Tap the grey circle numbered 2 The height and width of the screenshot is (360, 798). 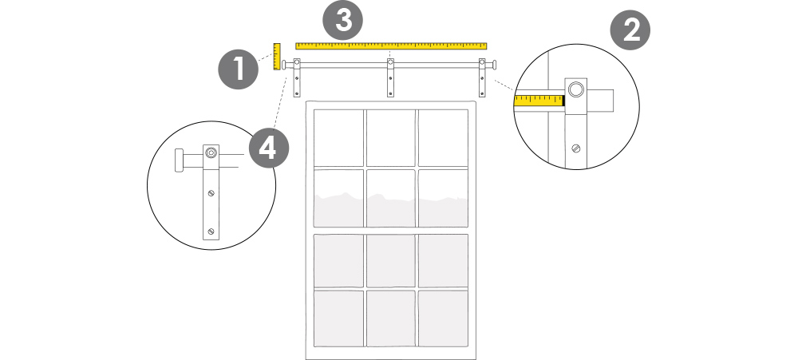[x=630, y=31]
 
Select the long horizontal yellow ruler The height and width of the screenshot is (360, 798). [x=391, y=45]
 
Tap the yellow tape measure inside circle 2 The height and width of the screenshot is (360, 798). [x=539, y=101]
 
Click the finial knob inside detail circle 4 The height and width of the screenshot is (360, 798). [x=180, y=159]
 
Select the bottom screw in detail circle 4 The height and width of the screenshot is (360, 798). [x=211, y=231]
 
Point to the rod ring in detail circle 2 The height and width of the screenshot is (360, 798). [x=575, y=91]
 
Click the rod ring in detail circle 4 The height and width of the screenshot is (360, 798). [x=211, y=152]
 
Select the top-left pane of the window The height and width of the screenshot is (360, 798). [x=338, y=137]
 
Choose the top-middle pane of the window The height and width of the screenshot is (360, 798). [x=391, y=137]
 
